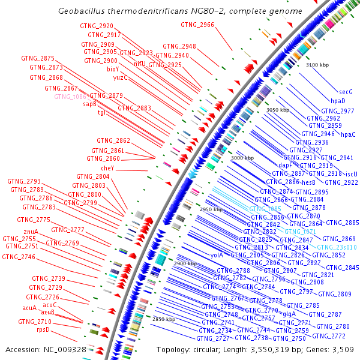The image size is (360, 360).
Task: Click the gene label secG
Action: pos(346,92)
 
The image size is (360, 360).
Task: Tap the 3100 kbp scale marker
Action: pos(317,64)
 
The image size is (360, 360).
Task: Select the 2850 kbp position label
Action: pos(163,319)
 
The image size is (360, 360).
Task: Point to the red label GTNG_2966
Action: pos(197,25)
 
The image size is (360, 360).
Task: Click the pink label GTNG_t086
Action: pos(71,96)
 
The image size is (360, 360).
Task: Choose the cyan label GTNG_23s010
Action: pos(337,247)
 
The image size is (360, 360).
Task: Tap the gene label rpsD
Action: pos(43,329)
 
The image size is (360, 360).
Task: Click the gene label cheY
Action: pos(107,169)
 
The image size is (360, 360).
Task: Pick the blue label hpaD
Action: pos(338,101)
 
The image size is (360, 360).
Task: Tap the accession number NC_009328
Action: pos(69,349)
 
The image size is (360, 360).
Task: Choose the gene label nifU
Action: pos(140,63)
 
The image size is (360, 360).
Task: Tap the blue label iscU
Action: pos(352,174)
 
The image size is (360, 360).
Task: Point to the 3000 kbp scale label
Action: pos(242,158)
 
